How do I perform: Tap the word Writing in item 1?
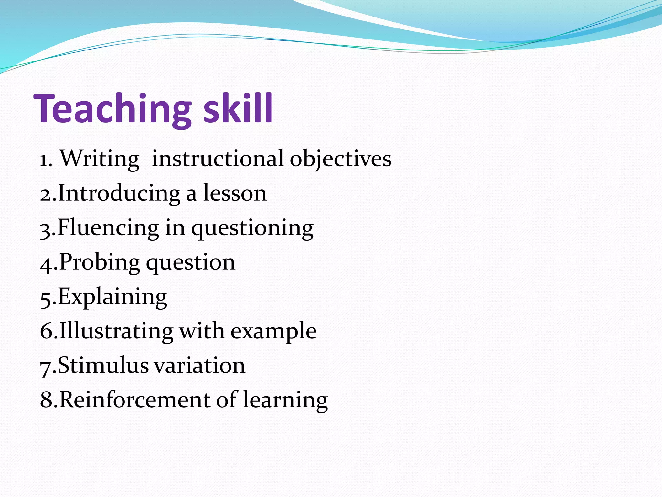click(100, 159)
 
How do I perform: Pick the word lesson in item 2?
click(235, 193)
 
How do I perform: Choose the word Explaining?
click(112, 297)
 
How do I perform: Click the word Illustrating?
click(116, 332)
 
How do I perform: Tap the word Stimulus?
click(103, 366)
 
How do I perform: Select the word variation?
click(199, 366)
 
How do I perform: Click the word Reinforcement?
click(135, 400)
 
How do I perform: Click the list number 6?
click(46, 332)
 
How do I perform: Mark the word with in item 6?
click(202, 332)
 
